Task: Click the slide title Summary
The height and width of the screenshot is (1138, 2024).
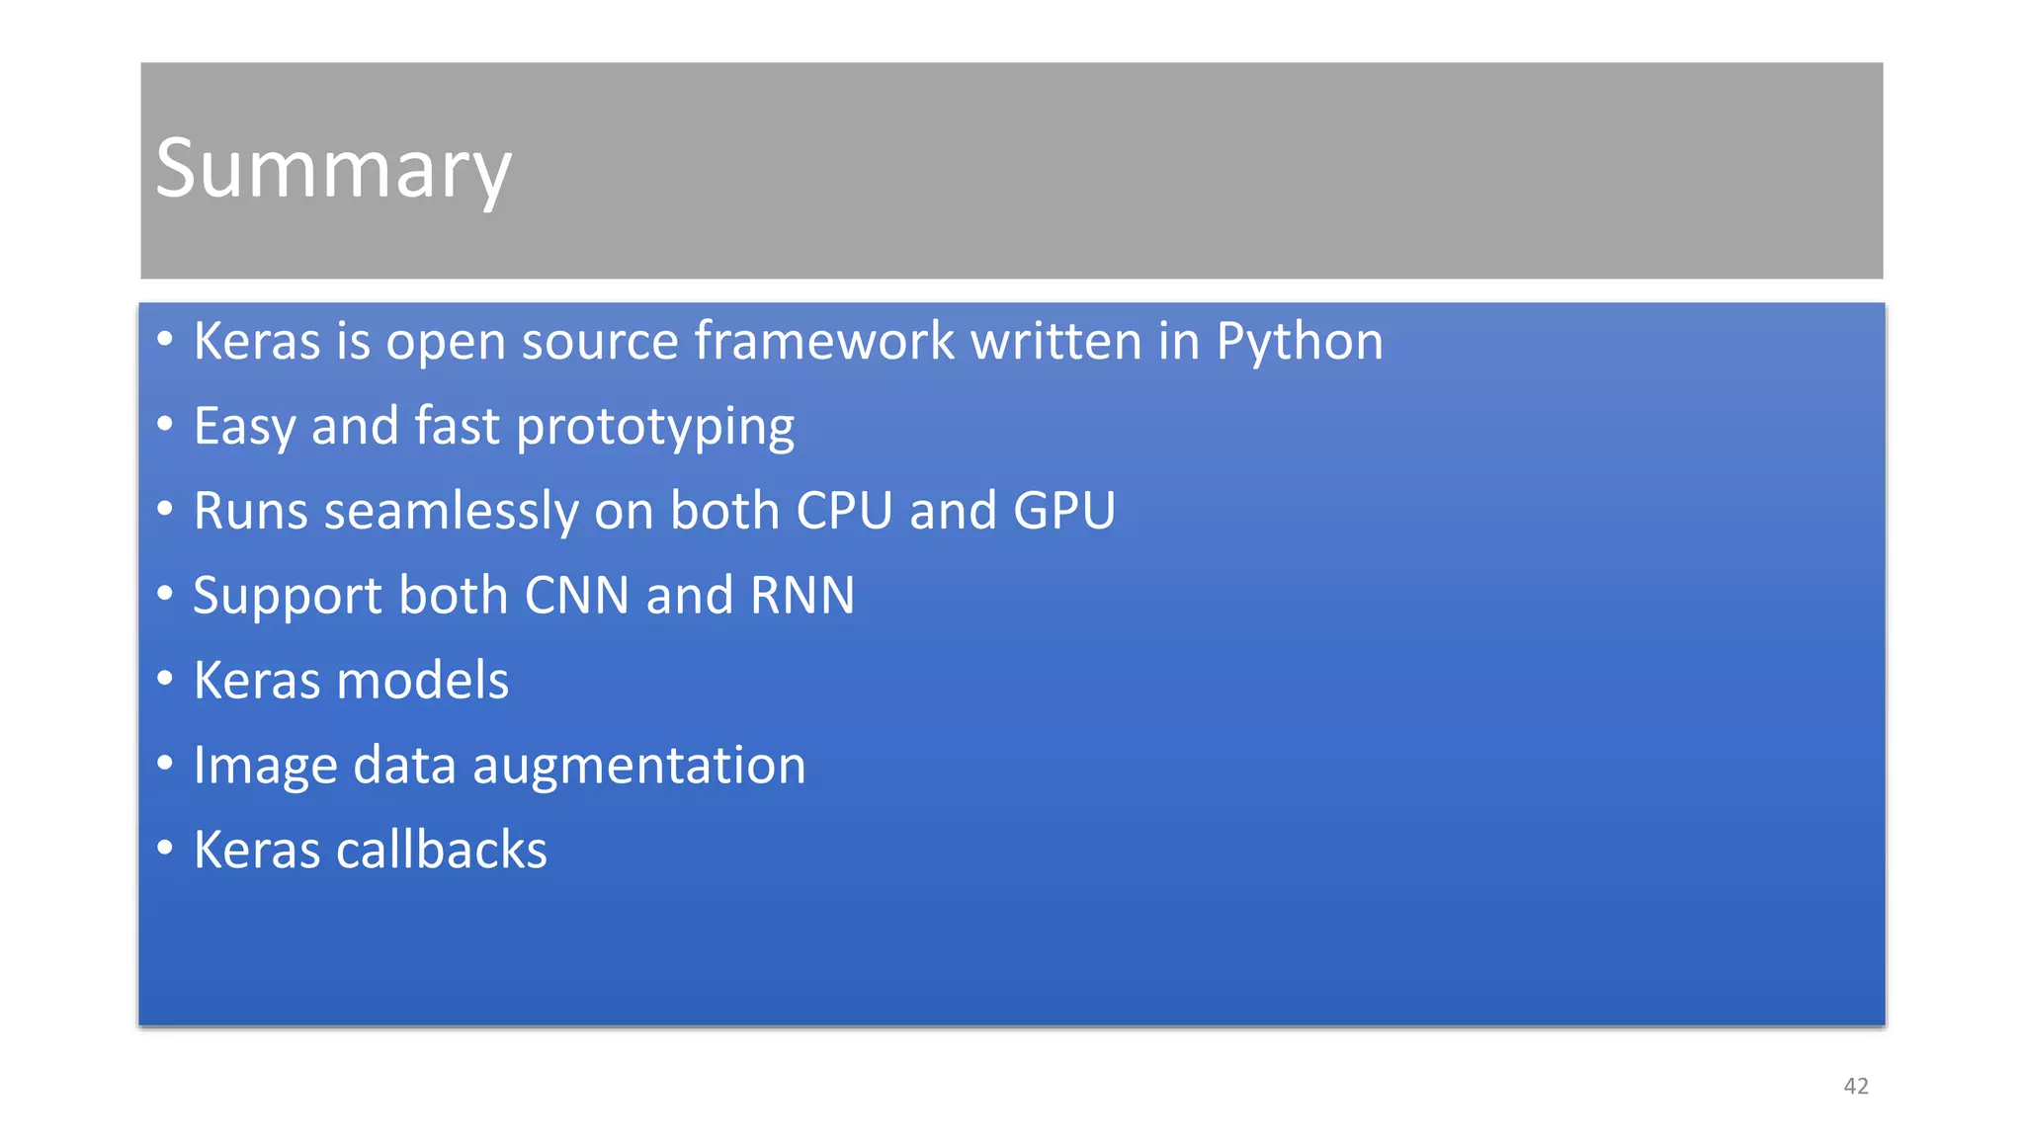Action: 333,169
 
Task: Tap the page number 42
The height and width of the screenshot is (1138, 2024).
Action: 1856,1087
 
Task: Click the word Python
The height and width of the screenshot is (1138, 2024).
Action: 1299,342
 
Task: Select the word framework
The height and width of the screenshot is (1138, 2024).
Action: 823,341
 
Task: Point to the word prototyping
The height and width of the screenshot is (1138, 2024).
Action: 654,427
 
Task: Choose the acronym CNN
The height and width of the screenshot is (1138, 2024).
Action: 576,596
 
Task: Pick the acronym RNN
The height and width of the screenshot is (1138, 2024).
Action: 801,596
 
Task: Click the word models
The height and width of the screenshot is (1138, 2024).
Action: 422,681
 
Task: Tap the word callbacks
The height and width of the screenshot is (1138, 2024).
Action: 441,851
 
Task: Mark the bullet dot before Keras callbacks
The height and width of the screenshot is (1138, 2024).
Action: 165,848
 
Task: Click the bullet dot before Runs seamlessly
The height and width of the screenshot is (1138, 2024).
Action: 165,509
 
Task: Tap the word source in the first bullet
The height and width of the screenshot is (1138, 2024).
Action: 600,342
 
